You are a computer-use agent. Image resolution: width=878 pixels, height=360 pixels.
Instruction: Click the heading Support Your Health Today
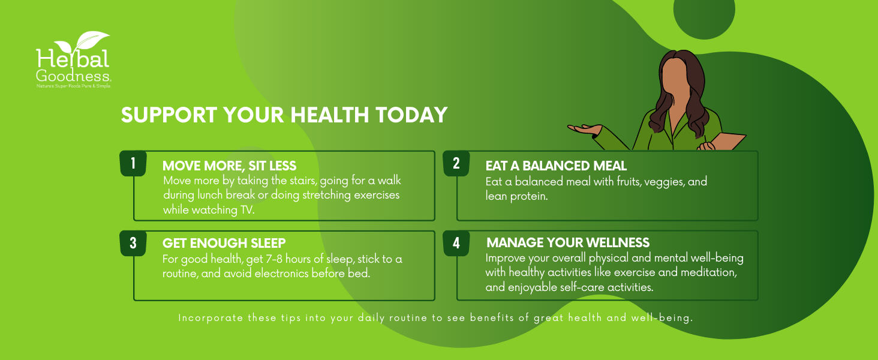(284, 115)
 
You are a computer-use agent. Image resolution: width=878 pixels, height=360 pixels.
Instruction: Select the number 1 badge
(133, 164)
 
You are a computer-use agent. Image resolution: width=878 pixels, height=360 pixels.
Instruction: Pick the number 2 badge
(456, 164)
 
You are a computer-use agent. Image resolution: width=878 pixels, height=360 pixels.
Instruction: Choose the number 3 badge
(133, 244)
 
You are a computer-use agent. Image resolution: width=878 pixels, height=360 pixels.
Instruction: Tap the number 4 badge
(456, 244)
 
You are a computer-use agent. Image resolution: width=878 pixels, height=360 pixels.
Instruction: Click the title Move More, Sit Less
(229, 166)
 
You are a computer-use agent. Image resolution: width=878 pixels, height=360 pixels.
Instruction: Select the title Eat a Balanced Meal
(556, 166)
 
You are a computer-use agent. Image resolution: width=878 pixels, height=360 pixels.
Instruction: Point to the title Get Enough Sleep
(224, 243)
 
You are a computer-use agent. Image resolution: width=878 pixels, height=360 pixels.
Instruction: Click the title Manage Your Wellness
(567, 243)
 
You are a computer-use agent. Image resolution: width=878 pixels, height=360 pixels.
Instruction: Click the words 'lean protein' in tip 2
(516, 196)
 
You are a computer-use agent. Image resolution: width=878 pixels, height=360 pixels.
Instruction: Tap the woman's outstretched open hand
(583, 128)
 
